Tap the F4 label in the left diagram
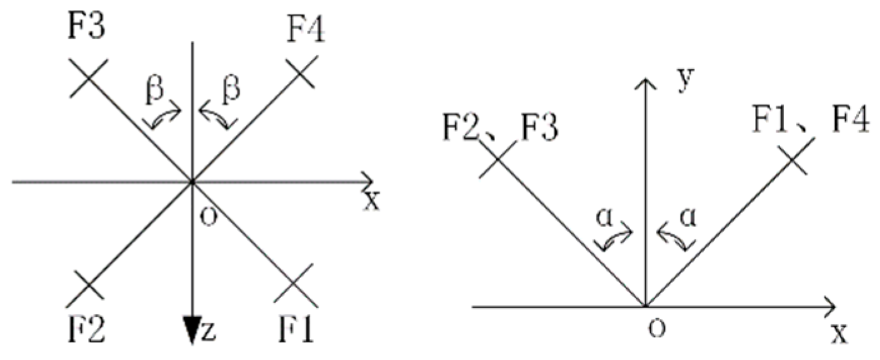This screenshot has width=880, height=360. [x=306, y=29]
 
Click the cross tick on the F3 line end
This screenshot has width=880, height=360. [x=89, y=77]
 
